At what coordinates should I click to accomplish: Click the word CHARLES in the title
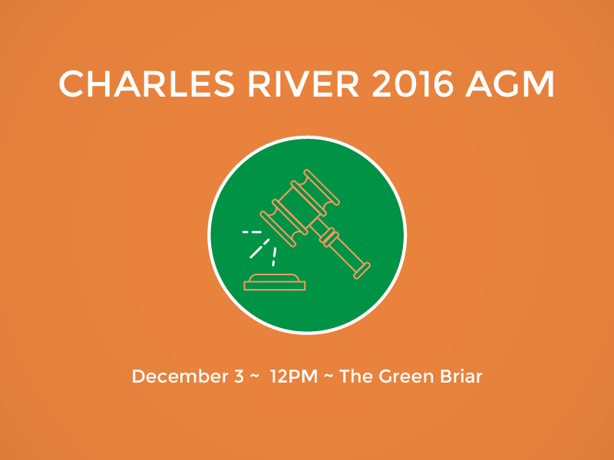147,84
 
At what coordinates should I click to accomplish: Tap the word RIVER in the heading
303,84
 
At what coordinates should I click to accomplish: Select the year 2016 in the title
412,84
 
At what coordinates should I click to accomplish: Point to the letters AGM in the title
510,84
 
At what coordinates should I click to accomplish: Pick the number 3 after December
239,376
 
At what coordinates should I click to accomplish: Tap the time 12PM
294,376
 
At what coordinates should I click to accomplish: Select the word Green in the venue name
407,376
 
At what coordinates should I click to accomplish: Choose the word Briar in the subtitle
461,376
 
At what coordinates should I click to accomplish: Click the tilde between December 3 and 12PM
254,376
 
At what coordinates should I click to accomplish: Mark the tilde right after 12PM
329,376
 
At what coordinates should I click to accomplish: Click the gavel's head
299,208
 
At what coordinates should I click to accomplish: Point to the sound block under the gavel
275,282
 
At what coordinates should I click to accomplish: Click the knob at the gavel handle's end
361,271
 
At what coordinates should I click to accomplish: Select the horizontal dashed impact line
252,232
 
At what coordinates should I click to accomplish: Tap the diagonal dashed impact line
259,248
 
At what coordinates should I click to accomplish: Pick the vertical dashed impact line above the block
274,257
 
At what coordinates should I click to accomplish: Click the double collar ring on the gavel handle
329,237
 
